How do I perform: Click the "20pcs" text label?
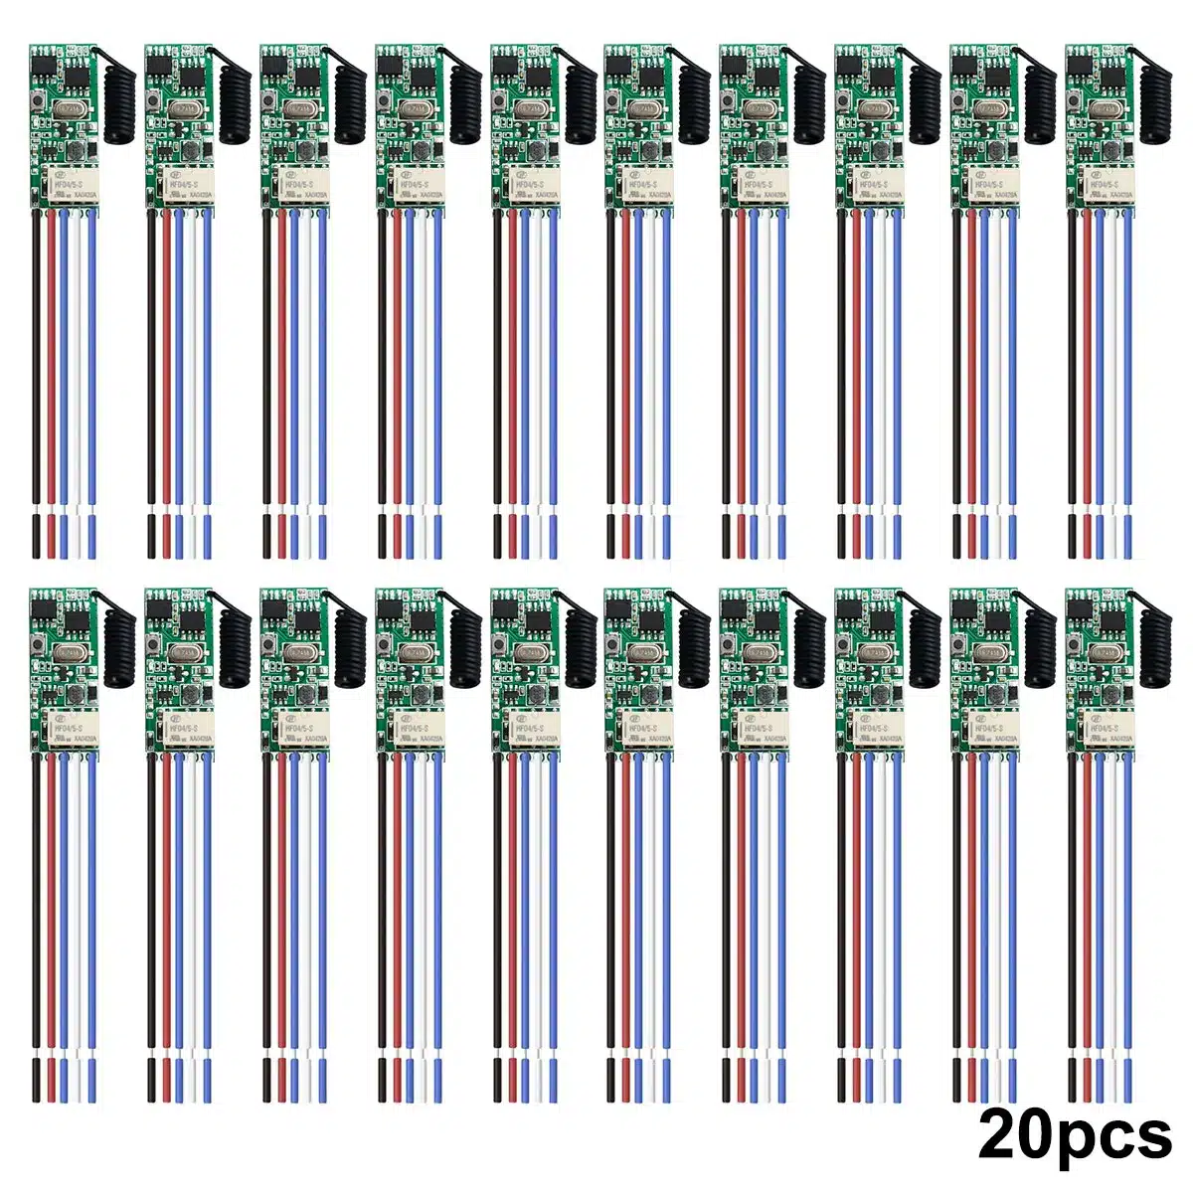pos(1075,1134)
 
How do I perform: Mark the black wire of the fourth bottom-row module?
pos(381,895)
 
